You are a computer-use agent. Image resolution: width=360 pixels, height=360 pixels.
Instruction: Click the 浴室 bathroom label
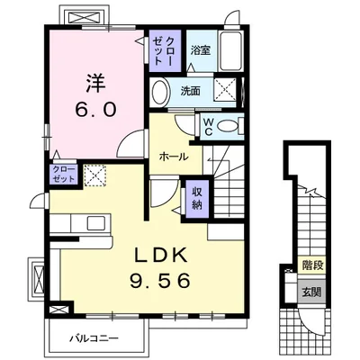point(200,50)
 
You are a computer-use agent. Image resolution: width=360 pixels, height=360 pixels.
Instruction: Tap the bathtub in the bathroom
point(230,50)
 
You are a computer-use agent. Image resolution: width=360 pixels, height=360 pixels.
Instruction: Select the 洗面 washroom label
point(190,91)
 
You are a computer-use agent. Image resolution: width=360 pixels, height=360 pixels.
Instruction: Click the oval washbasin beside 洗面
point(159,92)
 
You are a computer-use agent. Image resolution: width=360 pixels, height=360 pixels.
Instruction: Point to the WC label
point(208,126)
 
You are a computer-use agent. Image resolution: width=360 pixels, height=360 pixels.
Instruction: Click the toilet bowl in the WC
point(227,126)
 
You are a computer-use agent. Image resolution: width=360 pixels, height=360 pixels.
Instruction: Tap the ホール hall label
point(174,157)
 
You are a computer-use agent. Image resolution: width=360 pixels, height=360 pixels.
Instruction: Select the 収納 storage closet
point(197,199)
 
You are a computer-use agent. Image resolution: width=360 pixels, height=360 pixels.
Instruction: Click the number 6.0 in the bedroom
point(95,109)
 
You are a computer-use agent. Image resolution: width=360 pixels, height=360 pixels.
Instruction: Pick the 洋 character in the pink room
point(95,83)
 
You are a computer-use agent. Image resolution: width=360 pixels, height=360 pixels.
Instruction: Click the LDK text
point(160,256)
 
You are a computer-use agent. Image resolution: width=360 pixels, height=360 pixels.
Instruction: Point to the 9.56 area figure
point(160,281)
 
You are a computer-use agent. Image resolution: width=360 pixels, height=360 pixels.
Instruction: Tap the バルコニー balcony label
point(94,338)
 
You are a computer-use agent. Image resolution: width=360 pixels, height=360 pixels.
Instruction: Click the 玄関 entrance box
point(311,292)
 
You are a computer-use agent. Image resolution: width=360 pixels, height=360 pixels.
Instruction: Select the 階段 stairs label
point(312,265)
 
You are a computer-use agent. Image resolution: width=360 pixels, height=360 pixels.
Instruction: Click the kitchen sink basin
point(96,223)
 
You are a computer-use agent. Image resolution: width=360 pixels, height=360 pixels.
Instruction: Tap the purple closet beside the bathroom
point(166,50)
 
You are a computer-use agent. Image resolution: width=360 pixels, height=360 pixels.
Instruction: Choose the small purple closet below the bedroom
point(64,175)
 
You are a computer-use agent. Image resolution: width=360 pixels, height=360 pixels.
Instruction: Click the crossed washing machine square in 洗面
point(225,89)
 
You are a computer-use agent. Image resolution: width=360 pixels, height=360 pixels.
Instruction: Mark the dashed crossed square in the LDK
point(95,175)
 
